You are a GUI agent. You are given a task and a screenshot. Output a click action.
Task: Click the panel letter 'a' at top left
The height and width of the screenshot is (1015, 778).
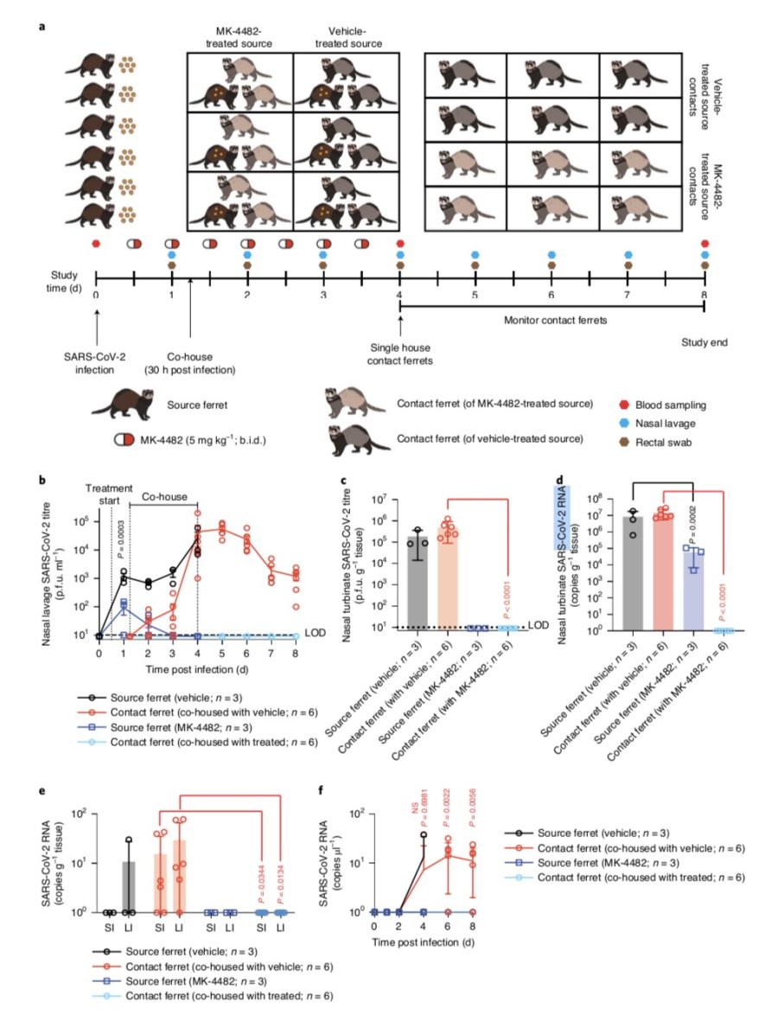click(x=41, y=27)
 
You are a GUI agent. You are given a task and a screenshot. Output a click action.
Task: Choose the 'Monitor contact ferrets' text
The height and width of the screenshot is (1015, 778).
click(x=552, y=319)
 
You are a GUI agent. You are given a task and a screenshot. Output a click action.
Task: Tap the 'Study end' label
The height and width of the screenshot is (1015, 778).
click(x=704, y=342)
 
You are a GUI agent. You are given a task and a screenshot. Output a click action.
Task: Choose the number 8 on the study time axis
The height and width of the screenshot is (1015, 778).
click(x=705, y=296)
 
